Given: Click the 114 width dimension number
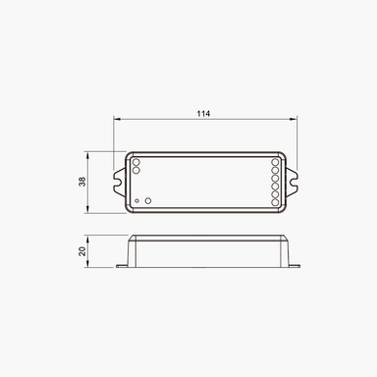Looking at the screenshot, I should pyautogui.click(x=203, y=115).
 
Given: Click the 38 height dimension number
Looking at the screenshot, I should pyautogui.click(x=82, y=182).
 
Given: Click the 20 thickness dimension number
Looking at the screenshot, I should pyautogui.click(x=82, y=251).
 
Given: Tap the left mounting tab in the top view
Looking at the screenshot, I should pyautogui.click(x=121, y=182).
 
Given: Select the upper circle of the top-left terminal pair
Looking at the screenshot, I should pyautogui.click(x=135, y=162).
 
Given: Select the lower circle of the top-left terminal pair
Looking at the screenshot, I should pyautogui.click(x=135, y=171).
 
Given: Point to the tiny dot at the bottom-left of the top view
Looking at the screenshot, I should pyautogui.click(x=136, y=200).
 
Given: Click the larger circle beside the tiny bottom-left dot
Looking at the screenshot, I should pyautogui.click(x=148, y=199).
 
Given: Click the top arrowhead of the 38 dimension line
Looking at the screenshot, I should pyautogui.click(x=90, y=154).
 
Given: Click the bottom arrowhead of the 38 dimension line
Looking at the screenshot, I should pyautogui.click(x=90, y=210).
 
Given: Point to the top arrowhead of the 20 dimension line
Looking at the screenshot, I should pyautogui.click(x=90, y=238).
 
